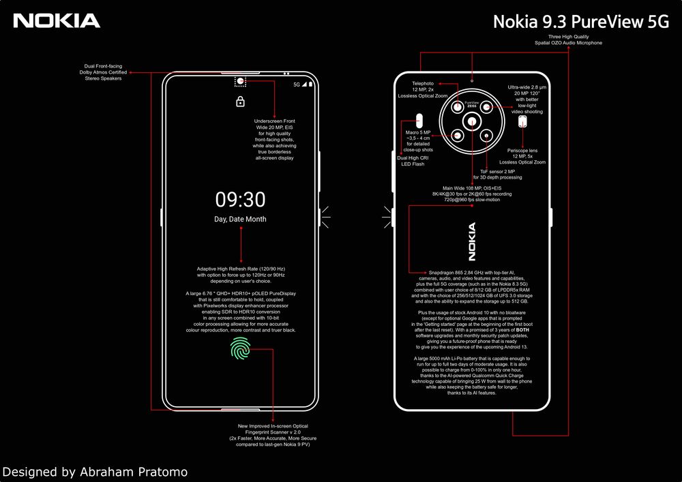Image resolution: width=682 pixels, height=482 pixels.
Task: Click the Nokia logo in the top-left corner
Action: [57, 21]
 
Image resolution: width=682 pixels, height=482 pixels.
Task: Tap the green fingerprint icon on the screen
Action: [240, 350]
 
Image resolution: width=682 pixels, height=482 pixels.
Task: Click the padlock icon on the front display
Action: [240, 102]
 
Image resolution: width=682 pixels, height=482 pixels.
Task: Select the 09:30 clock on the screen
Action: [240, 200]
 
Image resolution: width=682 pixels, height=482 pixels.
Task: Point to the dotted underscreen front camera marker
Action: [240, 82]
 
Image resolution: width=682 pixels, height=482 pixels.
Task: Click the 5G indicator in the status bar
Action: [297, 85]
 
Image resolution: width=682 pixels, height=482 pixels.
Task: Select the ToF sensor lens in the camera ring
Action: [486, 136]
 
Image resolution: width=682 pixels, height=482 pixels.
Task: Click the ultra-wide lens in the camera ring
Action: [486, 107]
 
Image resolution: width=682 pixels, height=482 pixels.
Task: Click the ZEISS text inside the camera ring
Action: [471, 106]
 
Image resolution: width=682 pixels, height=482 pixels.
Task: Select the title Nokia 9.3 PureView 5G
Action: [580, 21]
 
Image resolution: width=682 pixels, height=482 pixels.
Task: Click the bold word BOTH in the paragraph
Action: [522, 330]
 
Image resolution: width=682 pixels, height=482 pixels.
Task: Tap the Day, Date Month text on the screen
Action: [240, 220]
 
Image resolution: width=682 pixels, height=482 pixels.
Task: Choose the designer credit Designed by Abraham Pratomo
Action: [95, 471]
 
